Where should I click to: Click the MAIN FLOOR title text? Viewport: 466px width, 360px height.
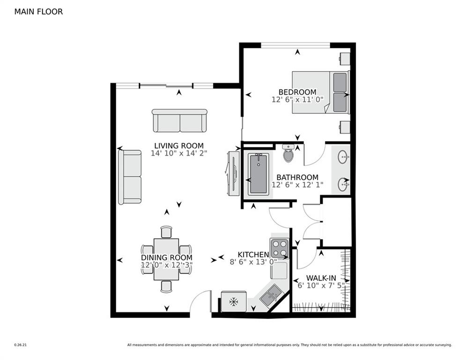tap(38, 12)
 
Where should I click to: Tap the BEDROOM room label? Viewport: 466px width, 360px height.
tap(297, 92)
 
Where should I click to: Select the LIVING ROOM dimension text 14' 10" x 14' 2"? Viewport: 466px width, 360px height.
tap(179, 153)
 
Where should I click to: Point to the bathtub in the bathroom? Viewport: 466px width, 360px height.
tap(258, 174)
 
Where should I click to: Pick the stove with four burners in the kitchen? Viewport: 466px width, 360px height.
tap(279, 247)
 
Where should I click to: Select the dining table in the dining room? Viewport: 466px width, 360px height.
tap(166, 259)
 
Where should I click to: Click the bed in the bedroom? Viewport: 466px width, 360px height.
tap(321, 92)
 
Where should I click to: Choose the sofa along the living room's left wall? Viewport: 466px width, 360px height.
tap(130, 177)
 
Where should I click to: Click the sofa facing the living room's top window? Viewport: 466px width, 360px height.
tap(179, 120)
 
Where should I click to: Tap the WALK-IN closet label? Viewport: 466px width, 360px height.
tap(321, 277)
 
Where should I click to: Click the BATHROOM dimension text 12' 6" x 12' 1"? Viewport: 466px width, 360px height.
tap(297, 185)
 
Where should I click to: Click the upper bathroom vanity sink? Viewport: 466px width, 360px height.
tap(343, 157)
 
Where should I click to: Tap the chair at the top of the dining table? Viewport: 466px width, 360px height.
tap(166, 232)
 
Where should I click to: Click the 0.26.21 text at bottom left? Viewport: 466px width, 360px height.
tap(21, 345)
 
